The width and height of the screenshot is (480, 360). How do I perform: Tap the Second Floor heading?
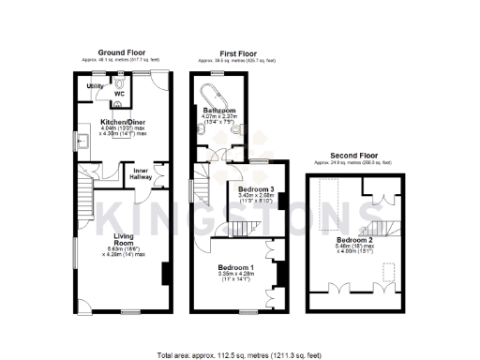355,156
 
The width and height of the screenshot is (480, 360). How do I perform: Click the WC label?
118,94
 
